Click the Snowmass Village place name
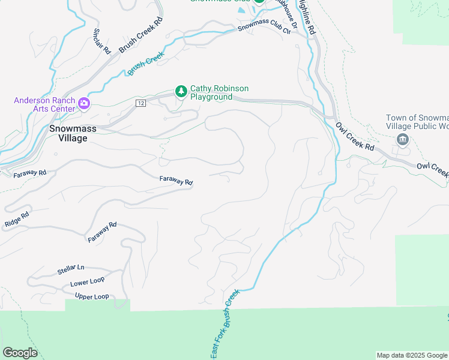click(x=68, y=133)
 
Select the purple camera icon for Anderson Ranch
click(x=84, y=104)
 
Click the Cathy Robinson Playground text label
click(x=219, y=92)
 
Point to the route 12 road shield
click(x=140, y=103)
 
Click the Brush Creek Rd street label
click(x=141, y=35)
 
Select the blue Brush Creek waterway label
click(x=146, y=64)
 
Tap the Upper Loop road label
click(x=92, y=296)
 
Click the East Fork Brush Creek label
click(x=225, y=325)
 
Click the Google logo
click(x=20, y=353)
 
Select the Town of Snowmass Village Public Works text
click(x=418, y=122)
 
